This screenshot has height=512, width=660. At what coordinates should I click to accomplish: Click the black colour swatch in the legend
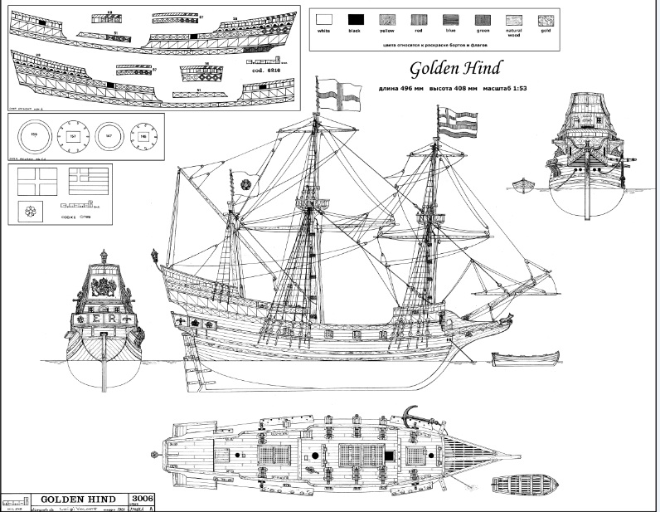point(356,18)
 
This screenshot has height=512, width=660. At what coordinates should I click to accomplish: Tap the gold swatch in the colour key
point(545,18)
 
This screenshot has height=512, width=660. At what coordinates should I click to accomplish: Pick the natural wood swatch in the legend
point(514,18)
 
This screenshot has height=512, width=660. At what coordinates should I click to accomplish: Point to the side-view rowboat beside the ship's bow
point(520,359)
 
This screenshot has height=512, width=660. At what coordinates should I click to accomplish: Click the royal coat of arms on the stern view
point(104,287)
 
